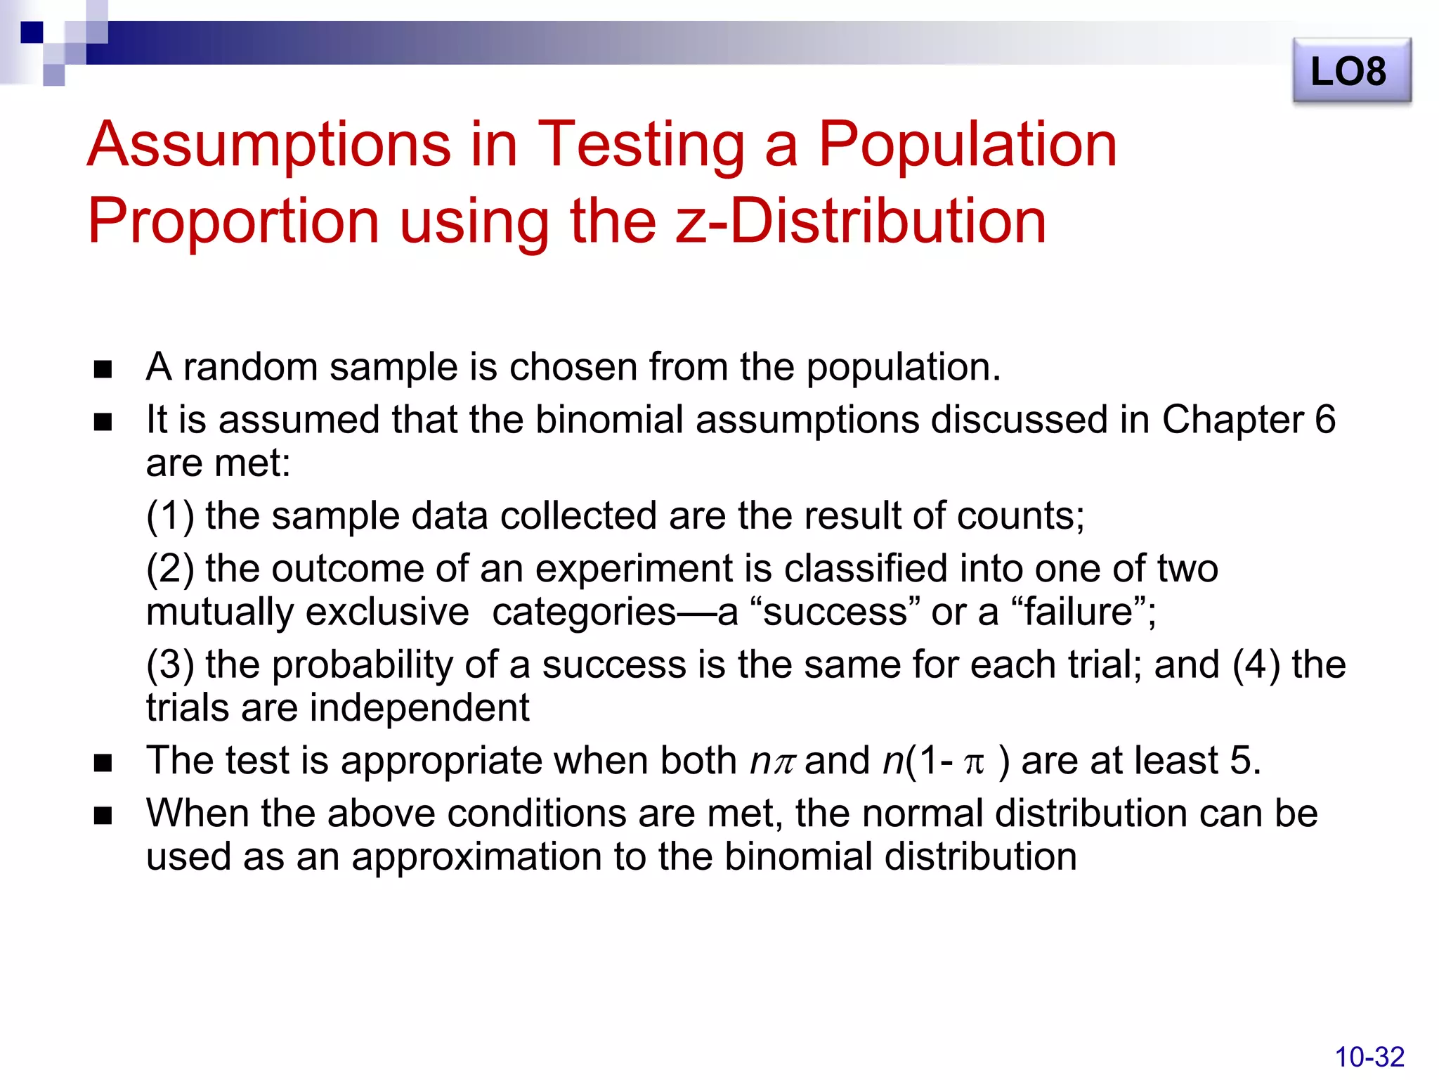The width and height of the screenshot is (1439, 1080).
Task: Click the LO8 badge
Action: pos(1351,71)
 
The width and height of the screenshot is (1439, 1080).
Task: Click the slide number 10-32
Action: pos(1369,1057)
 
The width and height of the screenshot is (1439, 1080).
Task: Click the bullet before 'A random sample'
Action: pos(103,369)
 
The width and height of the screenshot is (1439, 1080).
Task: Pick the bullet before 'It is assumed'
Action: pos(103,422)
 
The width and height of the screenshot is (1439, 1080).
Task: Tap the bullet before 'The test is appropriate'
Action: pos(103,763)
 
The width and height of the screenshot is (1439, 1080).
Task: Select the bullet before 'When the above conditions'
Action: pos(103,816)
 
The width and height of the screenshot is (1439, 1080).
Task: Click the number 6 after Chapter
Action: pos(1324,420)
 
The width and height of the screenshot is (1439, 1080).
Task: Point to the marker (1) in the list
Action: pos(170,516)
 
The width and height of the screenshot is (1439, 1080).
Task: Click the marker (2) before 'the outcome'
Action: pos(170,569)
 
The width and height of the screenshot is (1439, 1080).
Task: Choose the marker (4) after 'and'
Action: pos(1256,664)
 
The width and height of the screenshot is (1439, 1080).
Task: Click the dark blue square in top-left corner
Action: pos(32,32)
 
